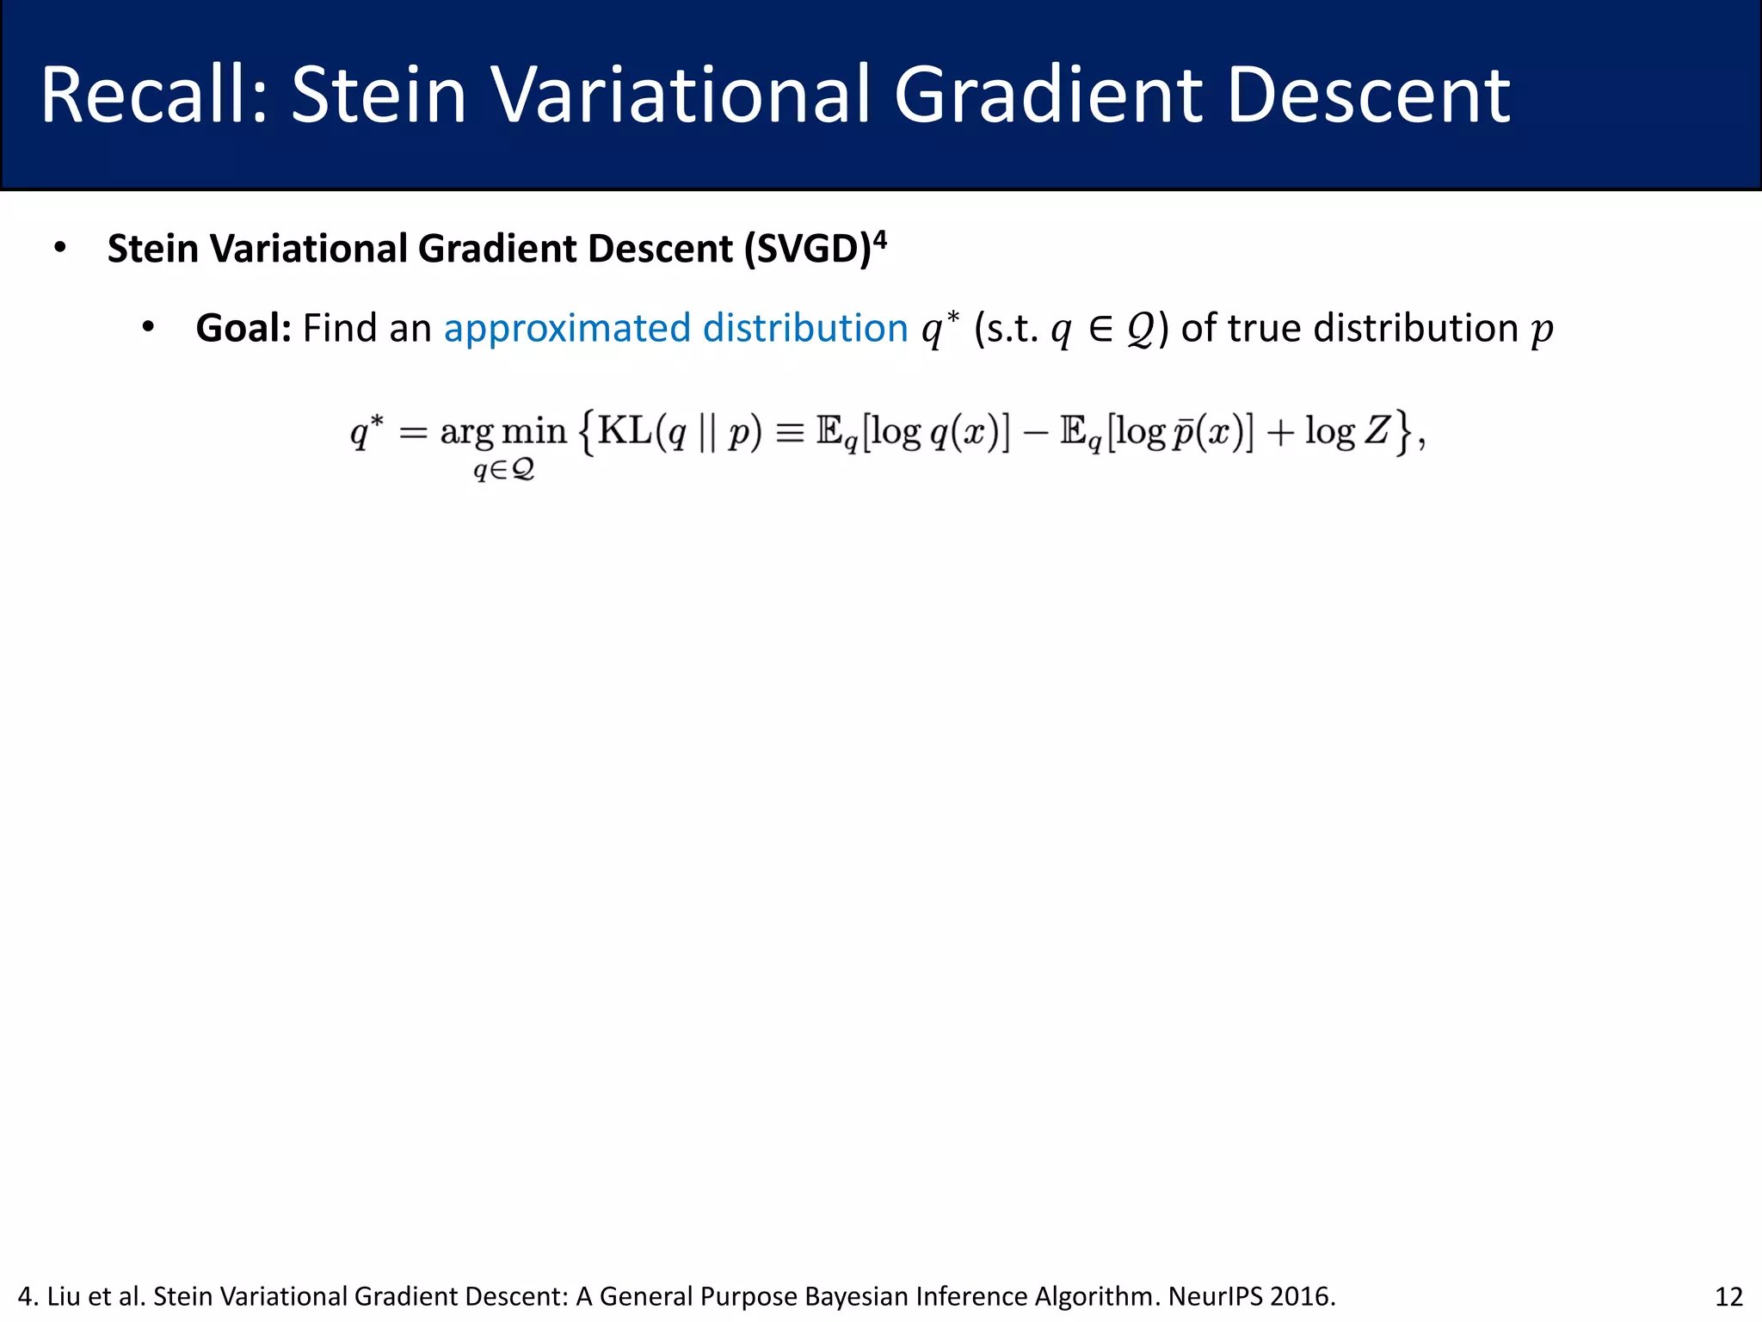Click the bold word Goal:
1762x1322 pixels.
tap(243, 328)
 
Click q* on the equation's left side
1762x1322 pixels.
tap(366, 430)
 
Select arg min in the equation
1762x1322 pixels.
tap(503, 432)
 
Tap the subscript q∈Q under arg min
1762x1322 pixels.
tap(504, 470)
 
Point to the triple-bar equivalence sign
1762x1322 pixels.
tap(790, 431)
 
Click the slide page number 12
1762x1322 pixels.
tap(1728, 1296)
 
